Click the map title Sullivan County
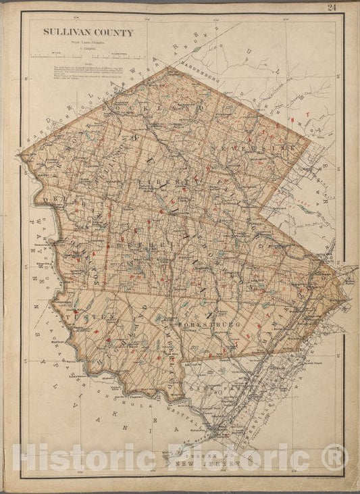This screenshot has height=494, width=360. (88, 32)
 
